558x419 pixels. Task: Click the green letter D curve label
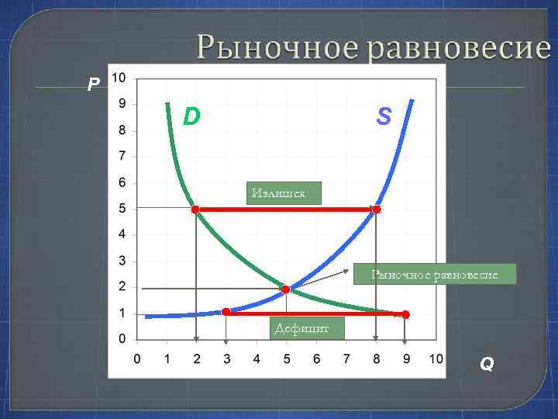coord(191,116)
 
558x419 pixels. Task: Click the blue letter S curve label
coord(384,116)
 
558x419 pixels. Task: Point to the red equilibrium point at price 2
coord(285,289)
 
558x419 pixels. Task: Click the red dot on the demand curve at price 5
coord(195,209)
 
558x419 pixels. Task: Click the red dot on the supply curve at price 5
coord(377,209)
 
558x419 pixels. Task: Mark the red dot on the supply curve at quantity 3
coord(226,312)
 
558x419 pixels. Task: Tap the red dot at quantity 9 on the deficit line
coord(405,314)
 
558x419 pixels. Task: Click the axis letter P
coord(93,84)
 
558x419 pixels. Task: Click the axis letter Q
coord(487,363)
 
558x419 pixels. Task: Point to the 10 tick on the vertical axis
coord(119,78)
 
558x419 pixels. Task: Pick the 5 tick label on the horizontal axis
coord(286,358)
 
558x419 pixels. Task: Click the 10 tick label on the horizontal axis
coord(435,358)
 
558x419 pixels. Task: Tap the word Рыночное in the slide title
coord(277,47)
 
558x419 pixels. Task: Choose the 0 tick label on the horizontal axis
coord(137,358)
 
